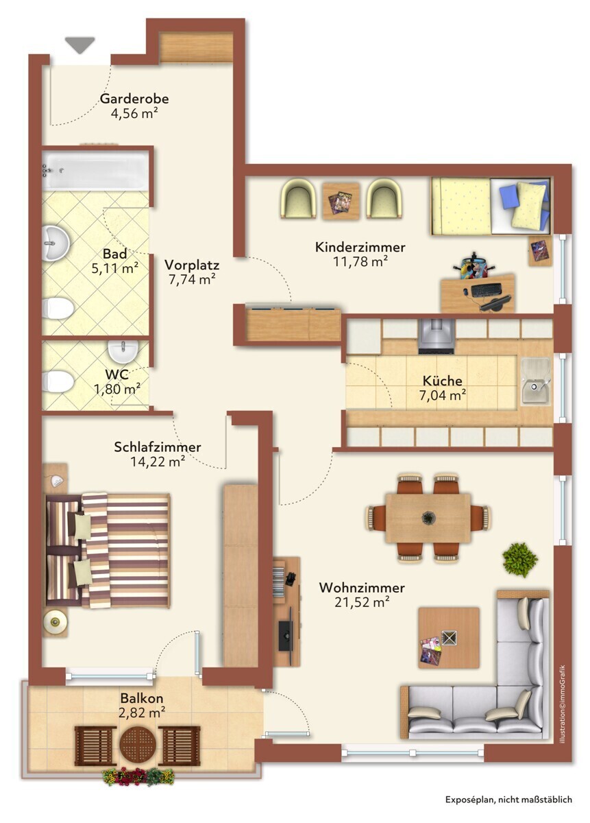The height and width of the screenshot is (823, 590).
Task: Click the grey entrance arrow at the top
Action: click(x=80, y=45)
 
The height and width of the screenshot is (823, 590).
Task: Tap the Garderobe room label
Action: click(x=134, y=99)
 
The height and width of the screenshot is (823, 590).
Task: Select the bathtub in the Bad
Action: click(x=95, y=170)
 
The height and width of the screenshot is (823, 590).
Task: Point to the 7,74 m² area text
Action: click(x=192, y=279)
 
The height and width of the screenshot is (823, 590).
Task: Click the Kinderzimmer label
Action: click(x=360, y=247)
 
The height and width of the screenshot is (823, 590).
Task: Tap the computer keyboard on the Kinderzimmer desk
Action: click(x=486, y=289)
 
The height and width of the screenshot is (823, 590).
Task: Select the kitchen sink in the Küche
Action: click(x=535, y=382)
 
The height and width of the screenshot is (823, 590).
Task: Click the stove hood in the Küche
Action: click(x=437, y=335)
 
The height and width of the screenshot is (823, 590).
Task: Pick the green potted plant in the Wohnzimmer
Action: click(x=519, y=560)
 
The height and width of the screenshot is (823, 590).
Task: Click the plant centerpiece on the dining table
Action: click(x=428, y=518)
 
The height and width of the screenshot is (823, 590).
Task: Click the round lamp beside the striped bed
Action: click(x=55, y=621)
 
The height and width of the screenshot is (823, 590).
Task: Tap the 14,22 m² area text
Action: click(x=158, y=462)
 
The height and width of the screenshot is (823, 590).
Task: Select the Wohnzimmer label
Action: click(x=362, y=588)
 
